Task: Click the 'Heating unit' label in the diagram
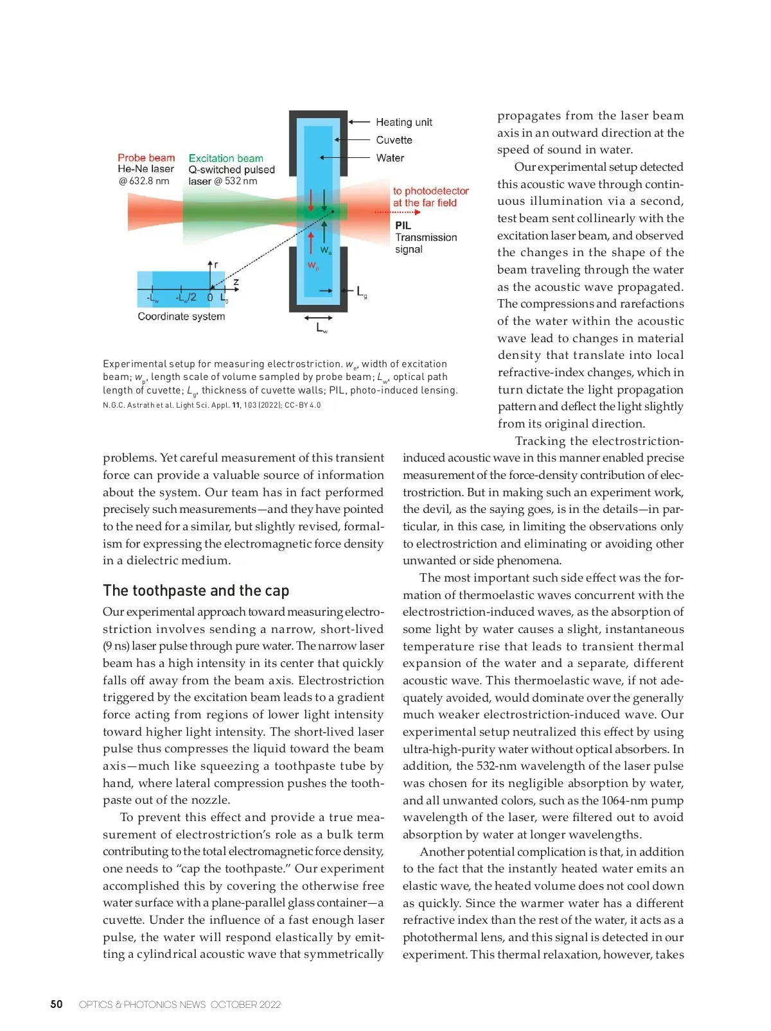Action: [403, 122]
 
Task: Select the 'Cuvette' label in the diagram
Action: [394, 140]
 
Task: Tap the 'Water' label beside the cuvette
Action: [390, 158]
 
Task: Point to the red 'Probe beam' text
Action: [146, 158]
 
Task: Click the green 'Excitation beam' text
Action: [226, 159]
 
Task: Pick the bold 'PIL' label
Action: [403, 225]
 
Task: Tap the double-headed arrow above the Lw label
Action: [319, 317]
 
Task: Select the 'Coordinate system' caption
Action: [181, 316]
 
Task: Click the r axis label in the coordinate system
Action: [216, 264]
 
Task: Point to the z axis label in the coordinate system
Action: [236, 282]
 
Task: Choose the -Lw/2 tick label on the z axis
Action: [186, 298]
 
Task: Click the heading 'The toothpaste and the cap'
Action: [196, 591]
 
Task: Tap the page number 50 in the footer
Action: [57, 1004]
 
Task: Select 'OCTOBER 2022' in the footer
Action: [245, 1005]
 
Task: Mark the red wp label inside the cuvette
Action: [313, 266]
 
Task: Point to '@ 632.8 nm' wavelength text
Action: [143, 181]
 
